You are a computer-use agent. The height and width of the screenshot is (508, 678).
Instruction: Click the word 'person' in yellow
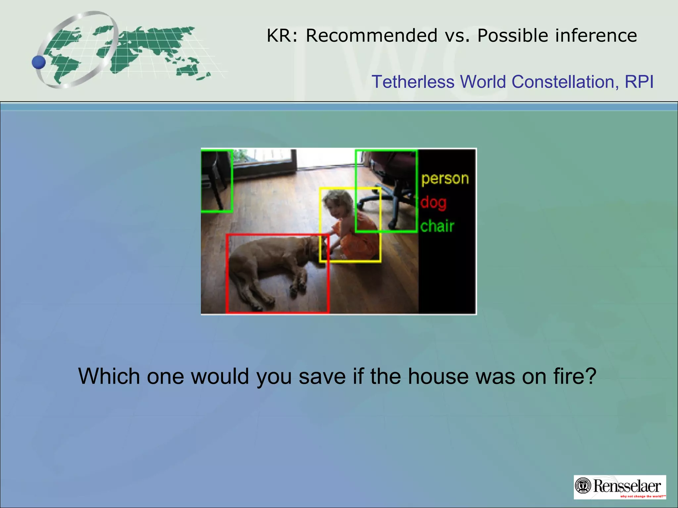click(445, 179)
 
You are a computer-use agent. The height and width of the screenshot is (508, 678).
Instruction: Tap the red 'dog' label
click(433, 202)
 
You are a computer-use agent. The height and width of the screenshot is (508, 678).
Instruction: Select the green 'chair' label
click(437, 227)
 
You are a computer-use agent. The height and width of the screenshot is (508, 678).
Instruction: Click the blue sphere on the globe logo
click(39, 62)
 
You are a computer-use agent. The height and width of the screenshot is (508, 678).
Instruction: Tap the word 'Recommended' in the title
click(371, 35)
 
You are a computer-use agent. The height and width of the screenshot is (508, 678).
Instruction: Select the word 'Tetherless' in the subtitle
click(413, 82)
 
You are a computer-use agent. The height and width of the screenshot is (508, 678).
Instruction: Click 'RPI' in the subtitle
click(639, 82)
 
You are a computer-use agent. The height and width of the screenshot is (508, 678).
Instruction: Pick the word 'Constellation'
click(565, 82)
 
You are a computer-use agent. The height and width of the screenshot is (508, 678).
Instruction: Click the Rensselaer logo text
click(627, 486)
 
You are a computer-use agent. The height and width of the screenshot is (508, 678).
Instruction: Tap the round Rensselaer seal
click(583, 486)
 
